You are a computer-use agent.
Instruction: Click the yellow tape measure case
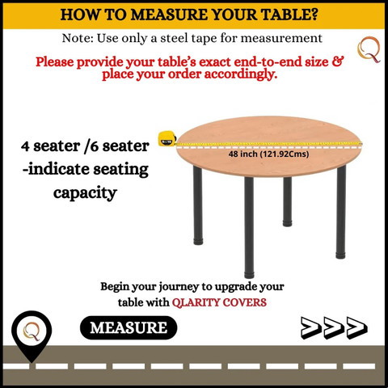click(167, 138)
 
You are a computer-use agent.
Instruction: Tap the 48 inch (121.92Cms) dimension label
click(268, 154)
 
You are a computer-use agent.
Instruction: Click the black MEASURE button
click(129, 327)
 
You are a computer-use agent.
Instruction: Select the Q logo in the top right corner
click(369, 50)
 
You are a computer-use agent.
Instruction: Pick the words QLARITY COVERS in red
click(219, 302)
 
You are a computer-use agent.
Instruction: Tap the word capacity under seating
click(85, 193)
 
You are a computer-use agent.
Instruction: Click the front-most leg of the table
click(249, 227)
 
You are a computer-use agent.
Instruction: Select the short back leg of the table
click(287, 201)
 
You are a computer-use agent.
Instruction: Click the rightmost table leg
click(341, 212)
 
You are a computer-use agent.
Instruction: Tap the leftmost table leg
click(198, 205)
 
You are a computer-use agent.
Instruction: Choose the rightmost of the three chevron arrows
click(357, 327)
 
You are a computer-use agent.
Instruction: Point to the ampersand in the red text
click(338, 61)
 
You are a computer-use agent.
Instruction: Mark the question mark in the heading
click(314, 15)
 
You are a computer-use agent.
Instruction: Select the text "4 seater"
click(51, 146)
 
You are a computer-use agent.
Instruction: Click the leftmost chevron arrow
click(311, 327)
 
